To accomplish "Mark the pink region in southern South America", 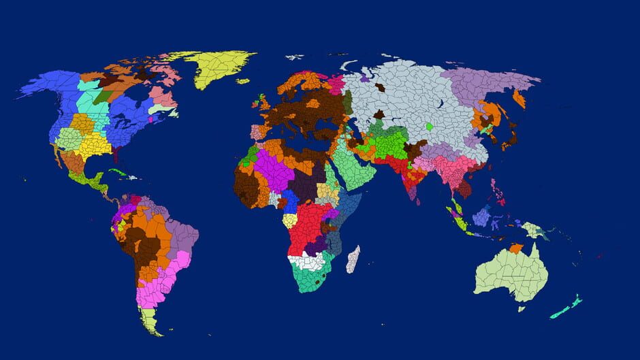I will [155, 289].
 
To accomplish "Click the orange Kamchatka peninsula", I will [519, 99].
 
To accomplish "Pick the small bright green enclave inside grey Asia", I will [429, 127].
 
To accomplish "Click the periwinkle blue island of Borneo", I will [481, 216].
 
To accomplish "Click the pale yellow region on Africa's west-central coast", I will [290, 220].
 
